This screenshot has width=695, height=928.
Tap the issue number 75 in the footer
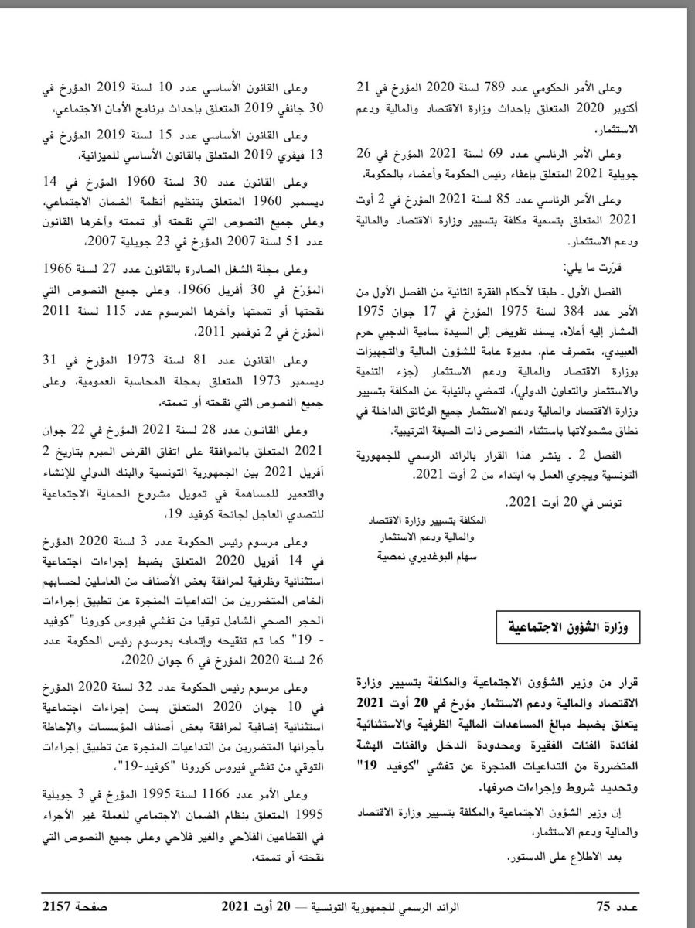click(x=604, y=904)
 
